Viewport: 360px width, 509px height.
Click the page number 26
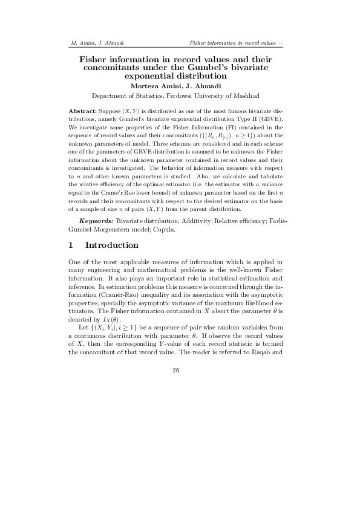[x=176, y=371]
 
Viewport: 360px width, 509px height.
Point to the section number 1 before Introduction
[x=71, y=245]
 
